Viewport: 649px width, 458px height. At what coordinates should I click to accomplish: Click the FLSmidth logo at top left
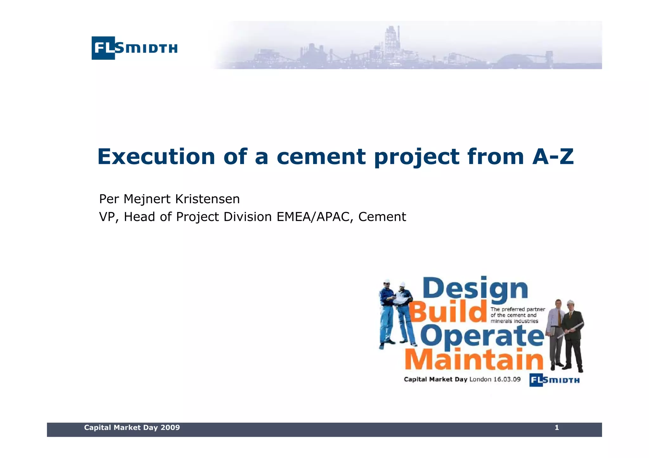[134, 48]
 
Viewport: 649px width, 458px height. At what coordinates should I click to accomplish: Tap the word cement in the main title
[321, 157]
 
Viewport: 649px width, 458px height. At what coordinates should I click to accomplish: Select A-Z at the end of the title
[553, 157]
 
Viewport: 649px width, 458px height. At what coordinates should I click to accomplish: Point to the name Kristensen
[207, 199]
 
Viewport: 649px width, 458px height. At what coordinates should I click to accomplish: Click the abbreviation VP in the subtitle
[107, 217]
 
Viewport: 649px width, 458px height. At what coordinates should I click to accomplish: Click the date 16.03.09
[507, 379]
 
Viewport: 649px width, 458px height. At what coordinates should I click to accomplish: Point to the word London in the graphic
[480, 379]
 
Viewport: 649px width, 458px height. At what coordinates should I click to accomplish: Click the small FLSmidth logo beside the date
[554, 380]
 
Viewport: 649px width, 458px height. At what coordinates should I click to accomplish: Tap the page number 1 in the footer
[557, 428]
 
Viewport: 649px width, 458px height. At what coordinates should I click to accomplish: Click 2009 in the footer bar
[170, 428]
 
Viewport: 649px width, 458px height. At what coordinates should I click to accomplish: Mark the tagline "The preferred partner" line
[517, 309]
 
